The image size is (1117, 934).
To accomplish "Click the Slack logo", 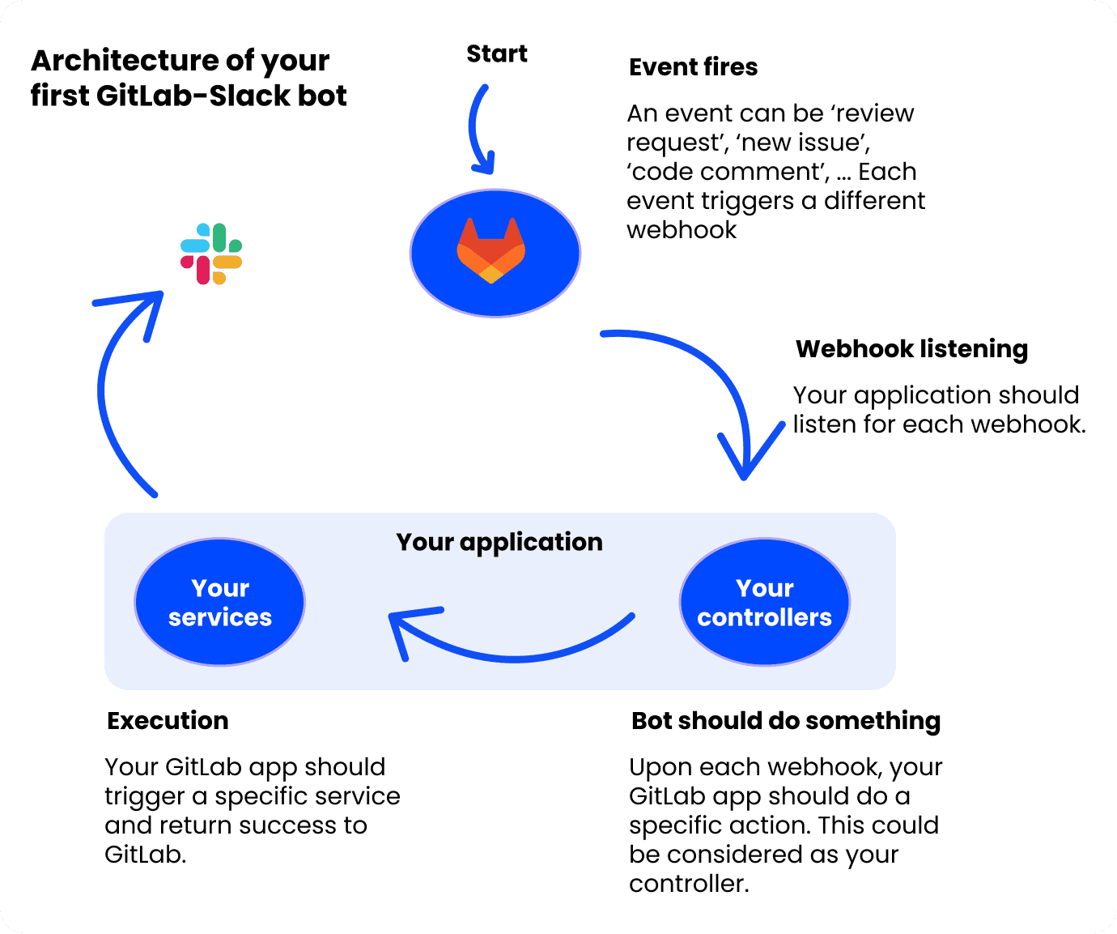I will (x=211, y=254).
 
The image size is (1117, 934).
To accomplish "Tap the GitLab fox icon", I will (x=491, y=250).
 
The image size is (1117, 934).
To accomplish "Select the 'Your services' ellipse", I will (x=219, y=603).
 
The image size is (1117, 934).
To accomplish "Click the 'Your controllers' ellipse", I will (x=764, y=603).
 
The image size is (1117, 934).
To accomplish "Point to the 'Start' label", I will (x=496, y=54).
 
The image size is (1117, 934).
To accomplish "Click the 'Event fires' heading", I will (x=693, y=67).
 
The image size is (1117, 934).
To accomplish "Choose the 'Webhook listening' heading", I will (x=911, y=349).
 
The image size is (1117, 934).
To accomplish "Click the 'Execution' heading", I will (x=168, y=721).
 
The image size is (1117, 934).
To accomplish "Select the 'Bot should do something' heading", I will (x=785, y=721).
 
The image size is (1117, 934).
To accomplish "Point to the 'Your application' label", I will (x=499, y=542).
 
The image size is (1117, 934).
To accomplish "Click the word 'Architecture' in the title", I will (x=124, y=62).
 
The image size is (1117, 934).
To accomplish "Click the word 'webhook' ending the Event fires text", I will (x=682, y=230).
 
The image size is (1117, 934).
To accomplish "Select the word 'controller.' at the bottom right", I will (x=689, y=884).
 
